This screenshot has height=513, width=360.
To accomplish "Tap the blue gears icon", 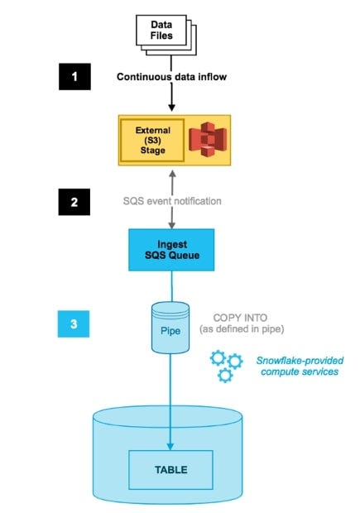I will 226,365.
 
